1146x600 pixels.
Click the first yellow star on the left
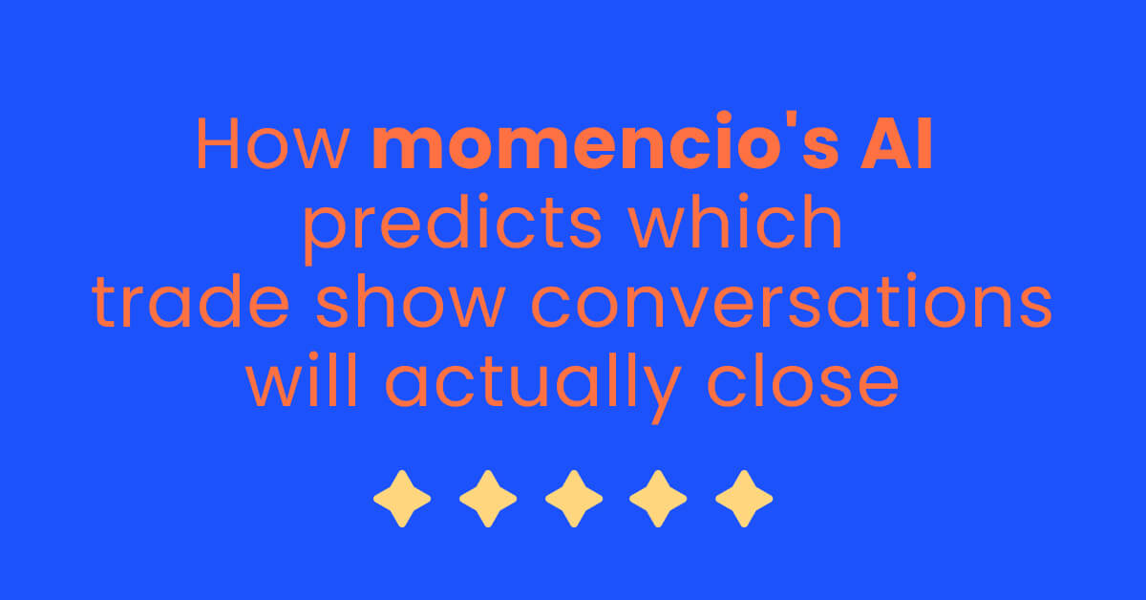401,498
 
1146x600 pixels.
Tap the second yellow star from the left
487,498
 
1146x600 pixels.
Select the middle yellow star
573,498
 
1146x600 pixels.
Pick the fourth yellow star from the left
659,498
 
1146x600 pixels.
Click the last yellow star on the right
744,498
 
